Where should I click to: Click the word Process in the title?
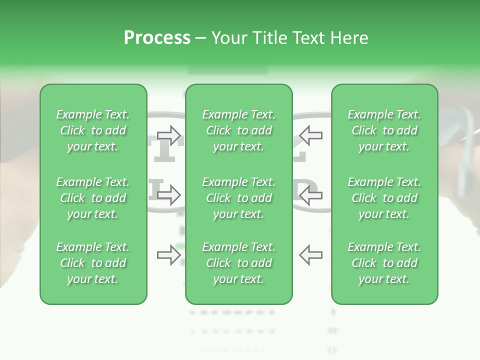[x=157, y=38]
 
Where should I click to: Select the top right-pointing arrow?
[x=168, y=134]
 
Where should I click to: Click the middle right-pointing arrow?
[x=168, y=195]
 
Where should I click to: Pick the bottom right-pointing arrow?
[x=168, y=255]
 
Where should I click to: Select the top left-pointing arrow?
[x=310, y=134]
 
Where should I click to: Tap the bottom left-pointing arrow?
[x=310, y=255]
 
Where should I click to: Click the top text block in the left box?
[x=93, y=130]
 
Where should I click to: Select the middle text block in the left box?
[x=93, y=198]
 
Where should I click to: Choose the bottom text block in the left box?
[x=93, y=263]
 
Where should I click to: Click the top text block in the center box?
[x=238, y=130]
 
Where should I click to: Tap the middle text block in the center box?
[x=238, y=198]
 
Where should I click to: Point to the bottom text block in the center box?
[x=238, y=263]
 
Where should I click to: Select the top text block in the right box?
[x=384, y=130]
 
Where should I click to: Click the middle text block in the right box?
[x=384, y=198]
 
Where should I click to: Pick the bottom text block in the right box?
[x=384, y=263]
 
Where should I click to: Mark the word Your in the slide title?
[x=227, y=38]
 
